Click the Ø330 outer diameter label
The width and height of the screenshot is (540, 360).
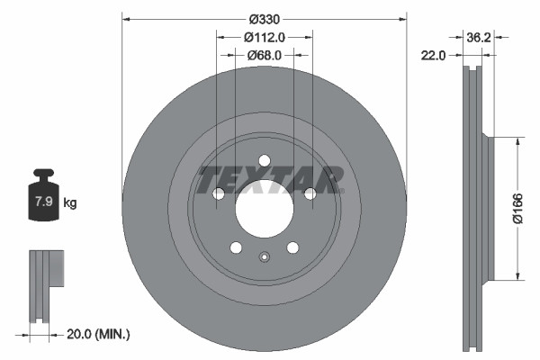pyautogui.click(x=264, y=19)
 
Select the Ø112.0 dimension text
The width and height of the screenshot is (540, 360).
pyautogui.click(x=265, y=37)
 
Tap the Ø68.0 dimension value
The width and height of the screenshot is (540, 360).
pyautogui.click(x=265, y=55)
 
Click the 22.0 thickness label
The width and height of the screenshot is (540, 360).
pyautogui.click(x=434, y=56)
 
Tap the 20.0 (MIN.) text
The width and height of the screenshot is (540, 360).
pyautogui.click(x=100, y=335)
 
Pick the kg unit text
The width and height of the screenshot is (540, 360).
pyautogui.click(x=70, y=203)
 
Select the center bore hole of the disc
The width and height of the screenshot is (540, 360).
pyautogui.click(x=264, y=211)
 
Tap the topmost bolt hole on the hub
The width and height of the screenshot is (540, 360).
pyautogui.click(x=264, y=161)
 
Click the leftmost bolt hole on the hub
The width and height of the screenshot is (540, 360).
pyautogui.click(x=218, y=194)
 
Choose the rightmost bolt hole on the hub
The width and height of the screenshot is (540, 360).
pyautogui.click(x=310, y=194)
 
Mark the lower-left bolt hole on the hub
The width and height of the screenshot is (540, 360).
pyautogui.click(x=236, y=248)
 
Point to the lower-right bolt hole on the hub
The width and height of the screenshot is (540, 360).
pyautogui.click(x=292, y=248)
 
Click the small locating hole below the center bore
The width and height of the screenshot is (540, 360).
pyautogui.click(x=264, y=258)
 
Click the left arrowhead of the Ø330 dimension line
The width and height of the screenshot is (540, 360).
pyautogui.click(x=126, y=19)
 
